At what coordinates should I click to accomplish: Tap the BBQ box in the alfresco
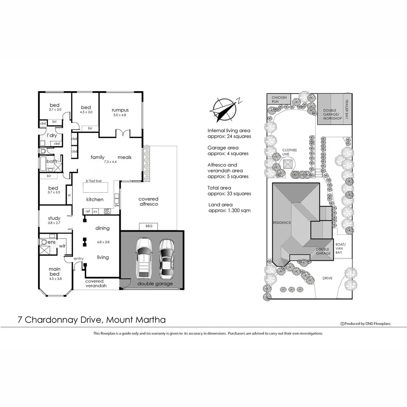[148, 226]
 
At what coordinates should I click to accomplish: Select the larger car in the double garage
[144, 257]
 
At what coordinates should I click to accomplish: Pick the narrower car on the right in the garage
[166, 258]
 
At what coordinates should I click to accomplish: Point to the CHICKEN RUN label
[279, 99]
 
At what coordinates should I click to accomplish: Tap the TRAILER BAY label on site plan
[347, 109]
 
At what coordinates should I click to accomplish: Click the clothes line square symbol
[288, 165]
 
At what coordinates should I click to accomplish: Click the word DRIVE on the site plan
[327, 278]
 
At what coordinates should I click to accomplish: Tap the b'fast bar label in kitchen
[94, 181]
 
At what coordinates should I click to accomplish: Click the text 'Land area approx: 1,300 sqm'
[229, 208]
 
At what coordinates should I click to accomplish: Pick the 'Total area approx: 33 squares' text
[229, 191]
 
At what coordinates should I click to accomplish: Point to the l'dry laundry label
[52, 136]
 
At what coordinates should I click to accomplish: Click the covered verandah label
[94, 283]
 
